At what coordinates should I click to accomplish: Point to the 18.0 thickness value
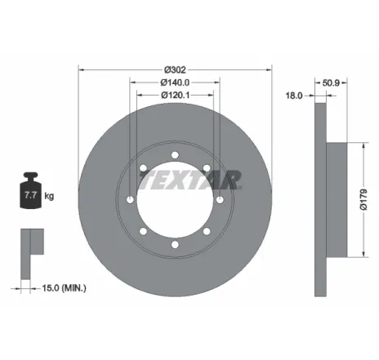pos(294,96)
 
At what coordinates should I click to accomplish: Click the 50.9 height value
pos(330,83)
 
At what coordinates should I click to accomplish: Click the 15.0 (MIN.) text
pos(64,288)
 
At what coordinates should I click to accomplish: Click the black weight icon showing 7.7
pos(32,193)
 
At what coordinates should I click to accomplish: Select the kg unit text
pos(50,197)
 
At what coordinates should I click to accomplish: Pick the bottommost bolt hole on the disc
pos(176,244)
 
